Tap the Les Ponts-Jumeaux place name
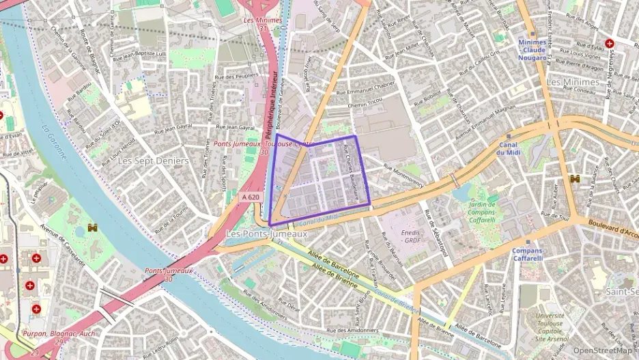click(x=266, y=234)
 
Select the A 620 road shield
click(x=251, y=197)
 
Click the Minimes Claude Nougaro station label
click(x=532, y=50)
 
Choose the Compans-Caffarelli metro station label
click(x=528, y=254)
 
